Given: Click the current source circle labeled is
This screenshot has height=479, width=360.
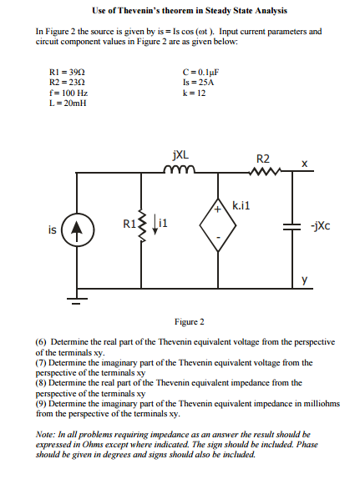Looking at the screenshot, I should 74,226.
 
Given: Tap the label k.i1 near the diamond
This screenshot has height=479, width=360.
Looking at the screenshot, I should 241,204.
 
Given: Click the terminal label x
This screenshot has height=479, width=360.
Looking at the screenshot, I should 305,162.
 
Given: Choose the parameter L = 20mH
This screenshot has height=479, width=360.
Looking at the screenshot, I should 68,103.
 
